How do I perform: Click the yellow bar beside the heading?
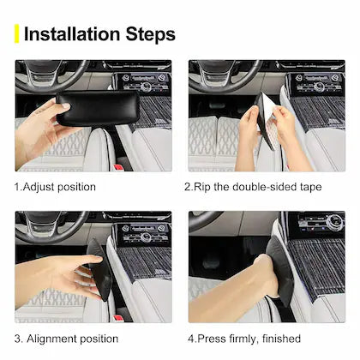16,33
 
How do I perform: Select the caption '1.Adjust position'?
56,186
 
